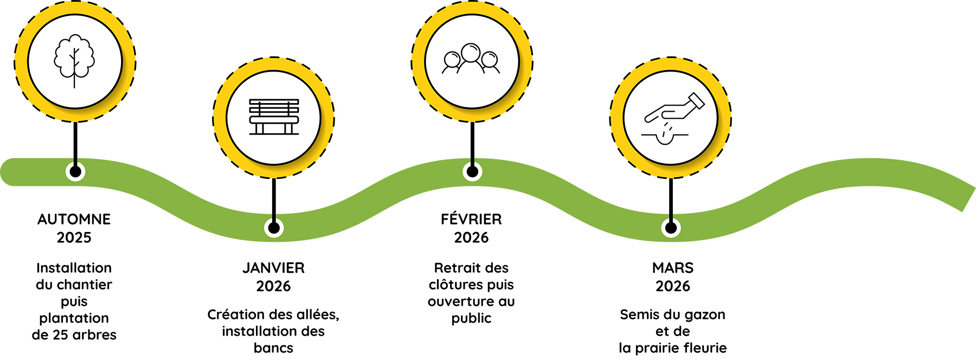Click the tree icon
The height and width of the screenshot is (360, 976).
click(x=74, y=60)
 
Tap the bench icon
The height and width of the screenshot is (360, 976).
click(x=274, y=117)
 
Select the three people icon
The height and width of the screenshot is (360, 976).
click(x=471, y=59)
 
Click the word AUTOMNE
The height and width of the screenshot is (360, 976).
click(x=74, y=220)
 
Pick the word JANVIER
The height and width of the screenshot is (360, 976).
click(x=273, y=268)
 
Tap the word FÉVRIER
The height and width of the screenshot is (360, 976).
click(x=471, y=220)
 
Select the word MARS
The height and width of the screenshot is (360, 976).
click(x=672, y=268)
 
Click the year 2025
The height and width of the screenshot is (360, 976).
click(x=74, y=237)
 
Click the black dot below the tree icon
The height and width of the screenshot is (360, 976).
click(x=75, y=172)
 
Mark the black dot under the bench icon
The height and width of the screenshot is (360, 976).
click(x=274, y=228)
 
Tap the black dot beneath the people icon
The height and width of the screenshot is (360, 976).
click(x=472, y=172)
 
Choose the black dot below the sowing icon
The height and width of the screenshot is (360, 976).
click(x=671, y=228)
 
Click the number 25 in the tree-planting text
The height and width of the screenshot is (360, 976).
click(x=60, y=335)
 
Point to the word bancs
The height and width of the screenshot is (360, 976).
click(x=273, y=348)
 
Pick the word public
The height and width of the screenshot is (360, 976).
click(x=471, y=318)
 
